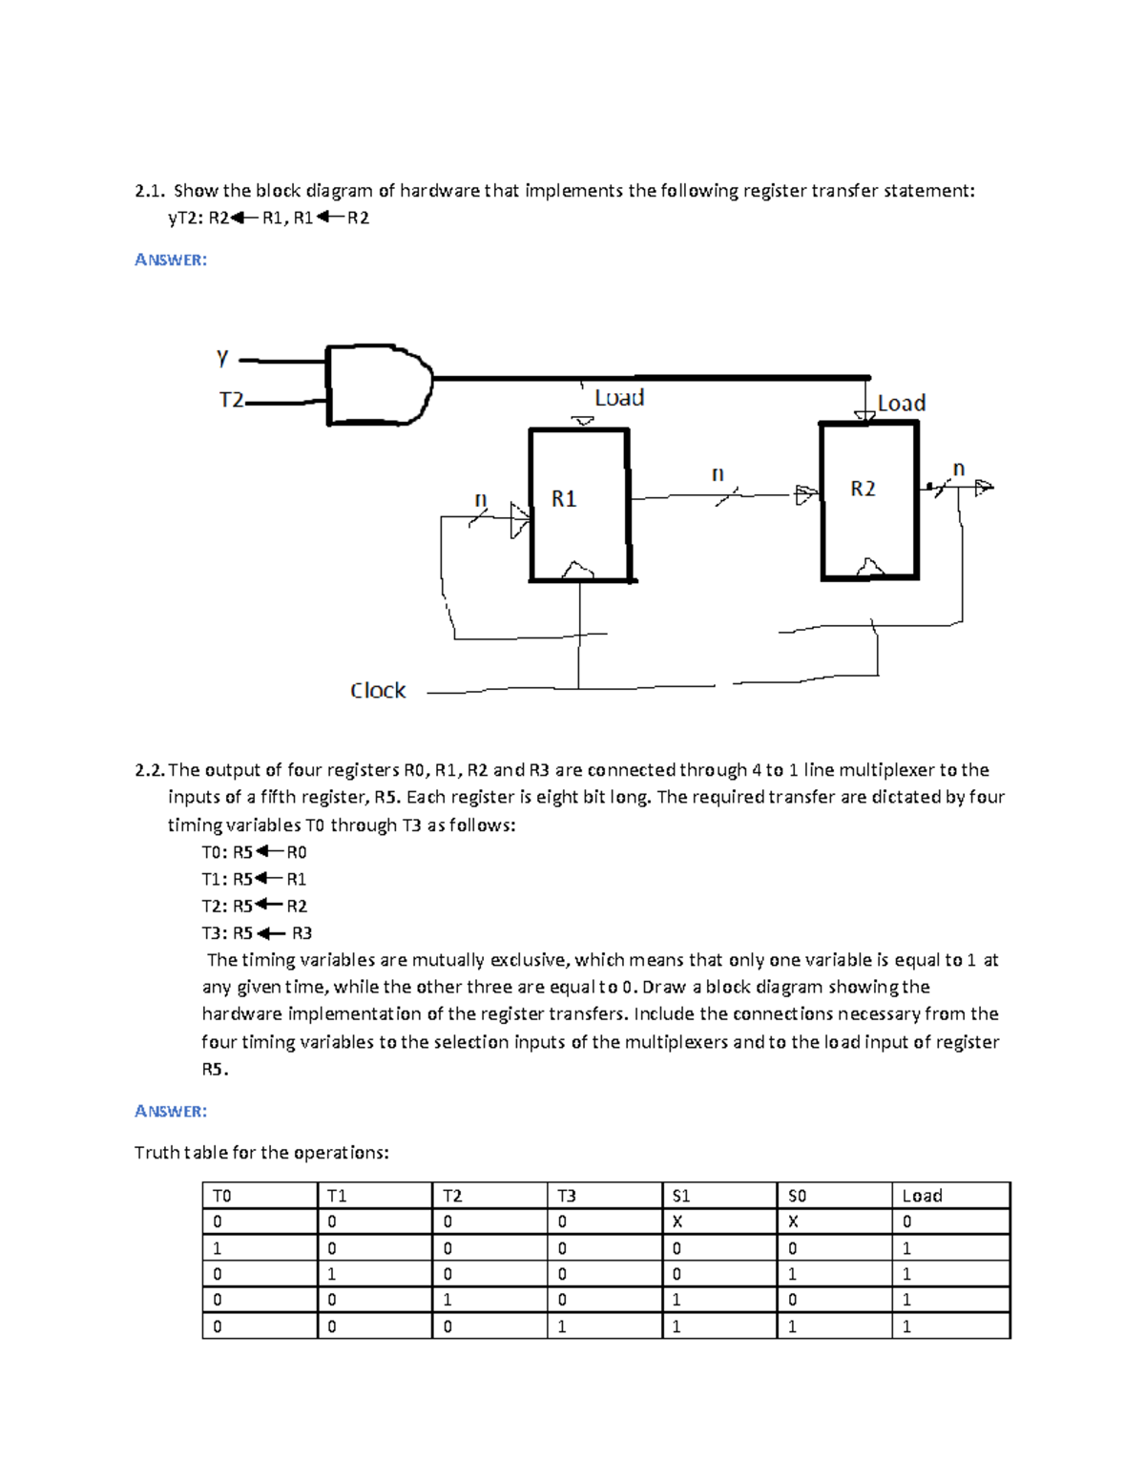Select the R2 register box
[x=868, y=499]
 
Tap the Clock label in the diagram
[x=378, y=690]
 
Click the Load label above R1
[x=619, y=398]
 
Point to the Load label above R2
[x=902, y=404]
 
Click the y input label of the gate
[x=222, y=358]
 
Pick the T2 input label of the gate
[x=231, y=400]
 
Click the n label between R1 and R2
[x=718, y=474]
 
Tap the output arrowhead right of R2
[x=984, y=487]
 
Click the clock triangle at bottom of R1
[x=578, y=571]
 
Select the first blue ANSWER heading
[x=171, y=260]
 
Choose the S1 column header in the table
[x=681, y=1196]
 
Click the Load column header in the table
[x=922, y=1196]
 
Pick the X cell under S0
[x=793, y=1221]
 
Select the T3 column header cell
[x=567, y=1196]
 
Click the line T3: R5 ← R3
[x=257, y=933]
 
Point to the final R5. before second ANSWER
[x=215, y=1069]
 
